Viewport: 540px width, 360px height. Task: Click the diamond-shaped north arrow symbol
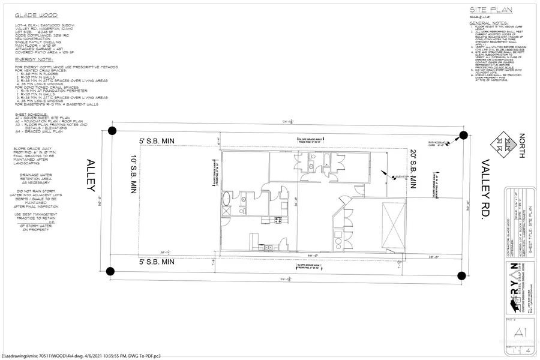[502, 144]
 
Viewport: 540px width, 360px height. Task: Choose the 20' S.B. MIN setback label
[413, 170]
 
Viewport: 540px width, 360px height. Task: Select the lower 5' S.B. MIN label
[157, 262]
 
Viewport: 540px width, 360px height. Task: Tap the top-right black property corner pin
[463, 136]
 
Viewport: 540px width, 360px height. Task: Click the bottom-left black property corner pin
[110, 271]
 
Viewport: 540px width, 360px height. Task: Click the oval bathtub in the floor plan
[226, 199]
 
